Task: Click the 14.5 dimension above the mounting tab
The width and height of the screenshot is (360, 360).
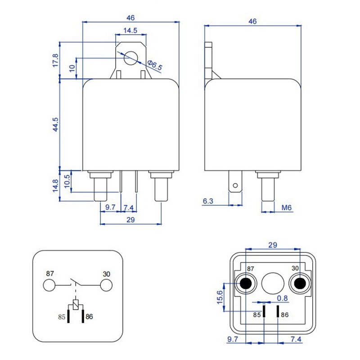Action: [130, 31]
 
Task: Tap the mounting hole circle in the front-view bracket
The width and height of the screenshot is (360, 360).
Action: [131, 58]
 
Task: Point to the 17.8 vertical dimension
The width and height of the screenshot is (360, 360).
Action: [55, 60]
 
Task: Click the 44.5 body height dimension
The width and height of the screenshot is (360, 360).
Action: [55, 125]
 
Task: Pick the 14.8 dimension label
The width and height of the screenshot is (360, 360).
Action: [55, 186]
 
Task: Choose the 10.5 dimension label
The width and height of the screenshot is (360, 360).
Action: [67, 182]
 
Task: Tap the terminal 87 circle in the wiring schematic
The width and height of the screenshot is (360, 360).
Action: [49, 285]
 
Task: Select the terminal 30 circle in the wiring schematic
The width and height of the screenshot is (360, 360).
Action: [106, 285]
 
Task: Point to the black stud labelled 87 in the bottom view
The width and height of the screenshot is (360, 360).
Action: [246, 283]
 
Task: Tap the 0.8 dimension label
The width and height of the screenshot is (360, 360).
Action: [282, 298]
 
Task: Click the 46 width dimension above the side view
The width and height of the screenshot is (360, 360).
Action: [252, 21]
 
